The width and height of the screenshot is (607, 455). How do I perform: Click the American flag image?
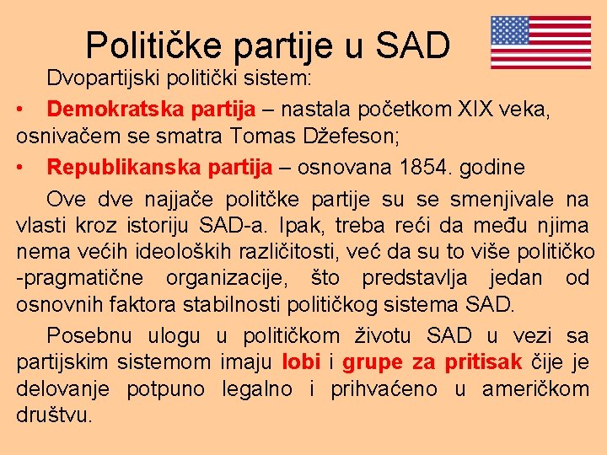click(540, 42)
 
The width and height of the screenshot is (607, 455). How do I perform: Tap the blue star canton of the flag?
click(510, 30)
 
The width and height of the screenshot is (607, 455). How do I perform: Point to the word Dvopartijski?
click(101, 80)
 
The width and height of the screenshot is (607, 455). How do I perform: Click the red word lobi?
click(300, 362)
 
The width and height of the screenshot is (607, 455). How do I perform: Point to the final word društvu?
click(54, 415)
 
